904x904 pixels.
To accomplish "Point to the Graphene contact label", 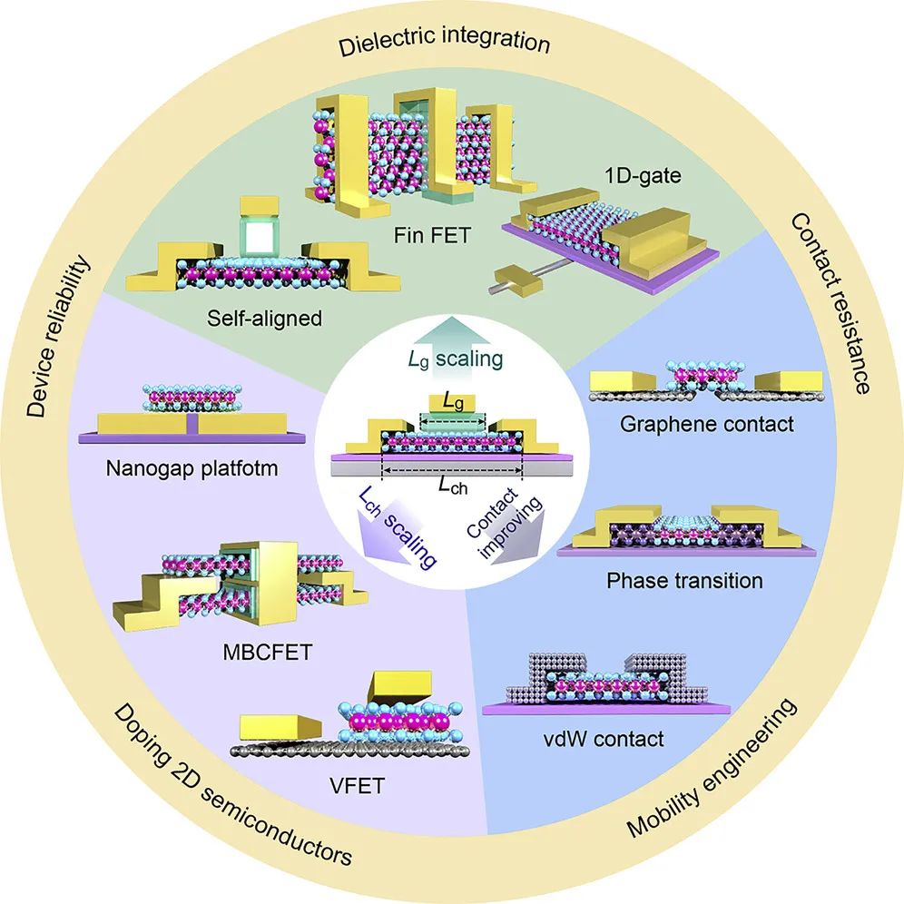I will point(691,423).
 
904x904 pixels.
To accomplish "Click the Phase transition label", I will point(684,579).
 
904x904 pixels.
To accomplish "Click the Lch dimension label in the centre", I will point(453,484).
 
